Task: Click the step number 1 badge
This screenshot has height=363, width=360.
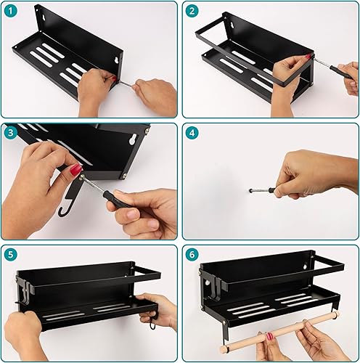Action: click(x=11, y=11)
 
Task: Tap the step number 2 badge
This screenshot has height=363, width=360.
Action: click(x=192, y=11)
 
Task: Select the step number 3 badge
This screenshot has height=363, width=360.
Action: click(x=11, y=133)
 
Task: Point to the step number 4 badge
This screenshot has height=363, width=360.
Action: click(x=192, y=133)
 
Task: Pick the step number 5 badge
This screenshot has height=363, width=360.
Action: click(x=11, y=255)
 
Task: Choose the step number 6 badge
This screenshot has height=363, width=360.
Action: click(x=192, y=255)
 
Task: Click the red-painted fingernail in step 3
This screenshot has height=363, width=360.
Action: click(x=75, y=169)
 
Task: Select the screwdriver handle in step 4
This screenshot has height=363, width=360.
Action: click(x=274, y=189)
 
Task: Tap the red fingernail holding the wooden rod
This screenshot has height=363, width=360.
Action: click(x=269, y=337)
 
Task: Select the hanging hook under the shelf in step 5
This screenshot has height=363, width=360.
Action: click(x=152, y=321)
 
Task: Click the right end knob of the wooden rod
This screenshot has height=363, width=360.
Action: click(x=335, y=315)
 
